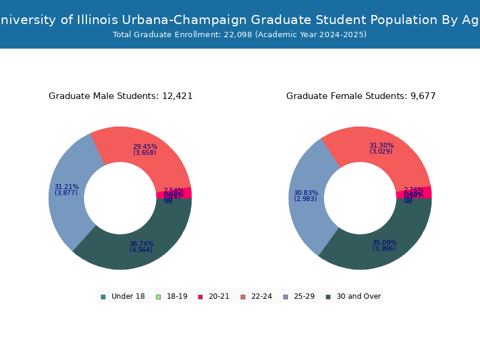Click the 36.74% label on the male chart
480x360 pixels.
[x=142, y=244]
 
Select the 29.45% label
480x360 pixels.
[x=145, y=146]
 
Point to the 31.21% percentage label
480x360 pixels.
[x=67, y=187]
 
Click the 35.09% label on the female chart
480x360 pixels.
[x=385, y=243]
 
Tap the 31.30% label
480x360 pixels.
[x=382, y=145]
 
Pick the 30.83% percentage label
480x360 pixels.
[x=306, y=193]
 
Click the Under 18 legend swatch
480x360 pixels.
[x=103, y=296]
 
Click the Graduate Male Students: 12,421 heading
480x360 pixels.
[x=121, y=96]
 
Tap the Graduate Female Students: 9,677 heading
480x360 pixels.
[x=361, y=96]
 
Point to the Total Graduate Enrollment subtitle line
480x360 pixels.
[x=239, y=35]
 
